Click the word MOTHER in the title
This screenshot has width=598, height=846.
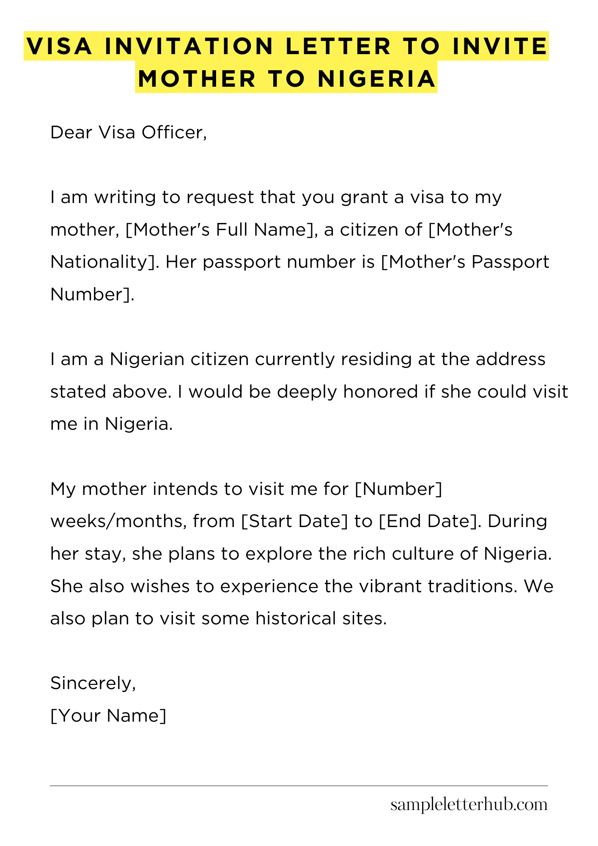[x=197, y=79]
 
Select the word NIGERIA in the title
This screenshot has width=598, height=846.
[x=377, y=79]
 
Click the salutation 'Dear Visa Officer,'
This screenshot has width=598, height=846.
[x=129, y=133]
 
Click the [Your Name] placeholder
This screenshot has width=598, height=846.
[x=108, y=716]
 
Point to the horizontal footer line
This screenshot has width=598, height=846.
[x=299, y=786]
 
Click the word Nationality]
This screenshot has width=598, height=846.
[x=104, y=262]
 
